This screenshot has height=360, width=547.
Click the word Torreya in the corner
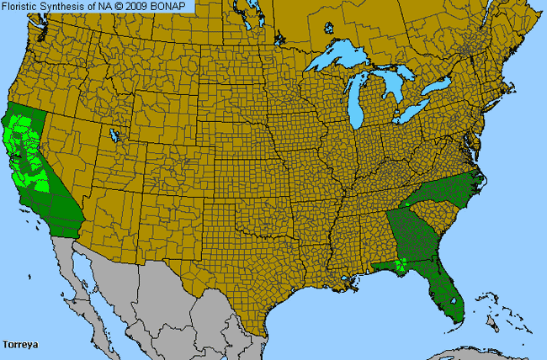21,344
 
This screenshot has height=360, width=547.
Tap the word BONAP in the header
173,7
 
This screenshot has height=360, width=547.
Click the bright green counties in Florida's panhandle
399,266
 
